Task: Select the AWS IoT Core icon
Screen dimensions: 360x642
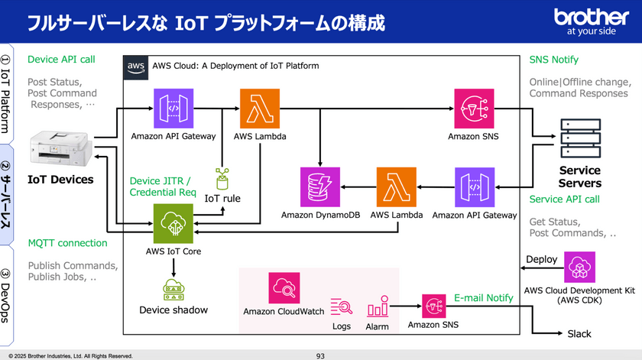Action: point(173,223)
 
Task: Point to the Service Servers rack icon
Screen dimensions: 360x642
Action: point(579,136)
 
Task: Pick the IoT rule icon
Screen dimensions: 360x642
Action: point(222,179)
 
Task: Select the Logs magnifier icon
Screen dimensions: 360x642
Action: point(342,307)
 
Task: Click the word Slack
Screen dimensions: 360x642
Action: point(579,334)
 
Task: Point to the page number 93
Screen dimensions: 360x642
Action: point(320,355)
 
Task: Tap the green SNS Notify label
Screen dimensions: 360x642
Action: point(554,60)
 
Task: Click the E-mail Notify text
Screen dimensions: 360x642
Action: point(484,297)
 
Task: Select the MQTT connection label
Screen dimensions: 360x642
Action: point(67,243)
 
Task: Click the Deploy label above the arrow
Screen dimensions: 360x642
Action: point(541,260)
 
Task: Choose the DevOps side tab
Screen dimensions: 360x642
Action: point(6,295)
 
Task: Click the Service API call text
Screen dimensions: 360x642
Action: point(564,199)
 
